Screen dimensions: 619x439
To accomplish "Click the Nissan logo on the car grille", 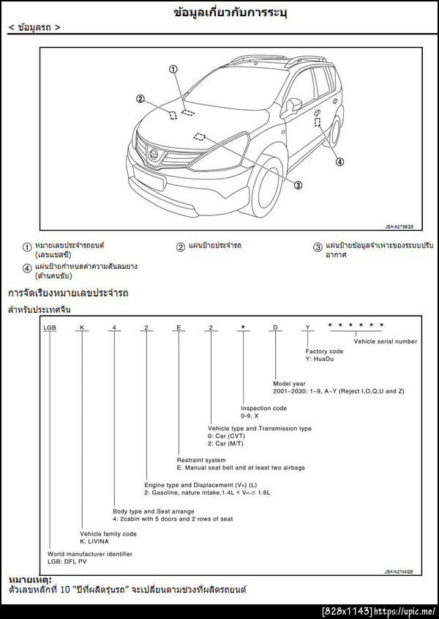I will [154, 153].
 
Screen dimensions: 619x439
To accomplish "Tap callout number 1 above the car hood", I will [173, 70].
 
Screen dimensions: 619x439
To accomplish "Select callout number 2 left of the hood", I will [140, 100].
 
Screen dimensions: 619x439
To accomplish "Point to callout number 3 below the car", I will [298, 185].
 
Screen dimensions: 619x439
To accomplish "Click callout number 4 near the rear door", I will [339, 161].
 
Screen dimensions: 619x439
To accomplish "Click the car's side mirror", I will [291, 106].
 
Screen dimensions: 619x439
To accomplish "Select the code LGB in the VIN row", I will [50, 327].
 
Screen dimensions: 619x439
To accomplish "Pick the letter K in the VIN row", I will [83, 327].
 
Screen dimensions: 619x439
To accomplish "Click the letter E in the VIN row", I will [178, 327].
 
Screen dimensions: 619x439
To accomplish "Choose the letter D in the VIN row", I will [275, 327].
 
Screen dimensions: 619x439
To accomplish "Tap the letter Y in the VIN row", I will [307, 327].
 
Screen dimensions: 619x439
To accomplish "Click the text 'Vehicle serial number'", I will [386, 341].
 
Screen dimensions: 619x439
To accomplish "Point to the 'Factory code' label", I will [324, 352].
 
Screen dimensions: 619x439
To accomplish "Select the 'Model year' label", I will [289, 383].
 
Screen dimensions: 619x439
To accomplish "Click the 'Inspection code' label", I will [263, 408].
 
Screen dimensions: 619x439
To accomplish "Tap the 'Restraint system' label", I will [201, 460].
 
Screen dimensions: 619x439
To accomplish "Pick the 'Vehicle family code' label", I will [108, 534].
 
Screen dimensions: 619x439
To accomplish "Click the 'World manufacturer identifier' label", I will [90, 554].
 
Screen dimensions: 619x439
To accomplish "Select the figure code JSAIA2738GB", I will [399, 226].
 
